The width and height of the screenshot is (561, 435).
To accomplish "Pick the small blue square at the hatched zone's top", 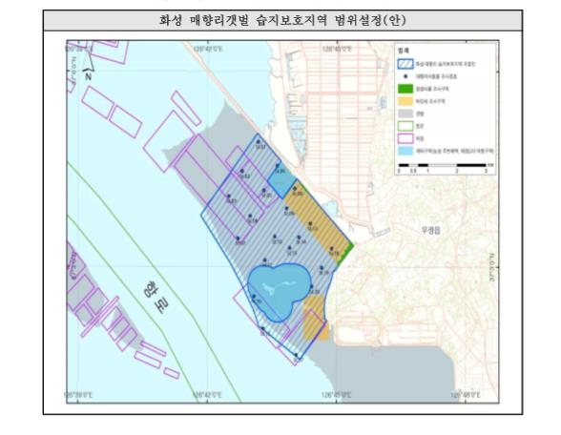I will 280,179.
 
